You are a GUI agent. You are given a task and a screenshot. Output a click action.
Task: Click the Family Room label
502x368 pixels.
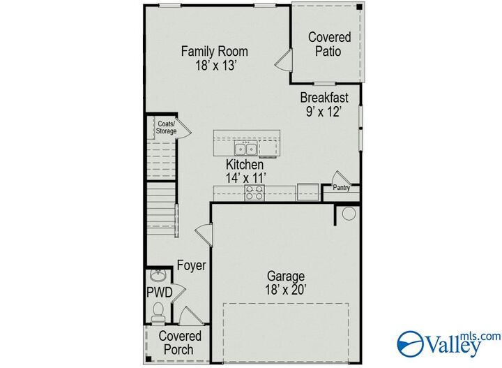214,51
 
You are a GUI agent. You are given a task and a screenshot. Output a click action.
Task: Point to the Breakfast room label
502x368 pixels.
324,98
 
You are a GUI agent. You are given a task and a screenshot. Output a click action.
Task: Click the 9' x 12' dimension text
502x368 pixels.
324,112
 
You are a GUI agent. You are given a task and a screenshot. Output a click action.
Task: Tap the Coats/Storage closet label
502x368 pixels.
166,127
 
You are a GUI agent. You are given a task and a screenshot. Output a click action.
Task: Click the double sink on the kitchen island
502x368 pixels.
244,148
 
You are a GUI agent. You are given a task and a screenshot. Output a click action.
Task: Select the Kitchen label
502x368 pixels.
244,165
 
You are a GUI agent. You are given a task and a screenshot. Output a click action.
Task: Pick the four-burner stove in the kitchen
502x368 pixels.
254,193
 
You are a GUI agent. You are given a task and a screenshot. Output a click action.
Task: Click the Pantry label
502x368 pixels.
341,188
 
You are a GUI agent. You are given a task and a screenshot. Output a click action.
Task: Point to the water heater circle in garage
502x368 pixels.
349,213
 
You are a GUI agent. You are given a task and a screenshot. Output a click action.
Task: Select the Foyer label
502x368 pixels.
190,265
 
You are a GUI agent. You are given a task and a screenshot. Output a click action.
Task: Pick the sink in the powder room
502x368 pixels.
158,274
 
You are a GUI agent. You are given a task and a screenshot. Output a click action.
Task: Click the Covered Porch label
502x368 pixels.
180,343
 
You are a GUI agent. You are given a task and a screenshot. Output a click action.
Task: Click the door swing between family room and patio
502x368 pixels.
282,61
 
